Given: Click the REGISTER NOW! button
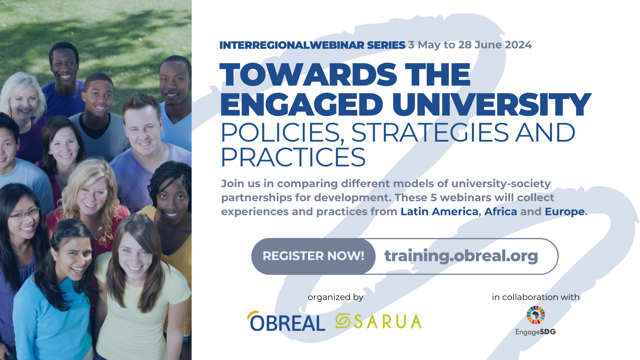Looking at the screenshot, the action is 314,256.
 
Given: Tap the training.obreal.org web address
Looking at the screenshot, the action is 461,256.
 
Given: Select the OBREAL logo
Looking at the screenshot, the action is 286,321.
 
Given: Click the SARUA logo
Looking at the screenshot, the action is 378,321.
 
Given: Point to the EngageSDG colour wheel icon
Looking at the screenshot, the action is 536,315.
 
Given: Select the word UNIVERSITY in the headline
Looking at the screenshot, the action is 492,104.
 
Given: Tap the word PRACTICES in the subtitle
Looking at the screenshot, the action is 293,157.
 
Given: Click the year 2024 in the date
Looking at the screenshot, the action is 518,45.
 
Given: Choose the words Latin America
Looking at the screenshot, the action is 440,212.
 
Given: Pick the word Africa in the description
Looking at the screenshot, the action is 500,212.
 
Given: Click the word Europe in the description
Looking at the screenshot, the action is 564,212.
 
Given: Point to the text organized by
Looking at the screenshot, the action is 336,298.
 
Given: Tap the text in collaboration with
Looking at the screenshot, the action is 536,297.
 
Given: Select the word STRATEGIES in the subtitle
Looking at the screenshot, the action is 430,132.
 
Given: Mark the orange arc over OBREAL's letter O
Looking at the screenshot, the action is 251,314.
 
